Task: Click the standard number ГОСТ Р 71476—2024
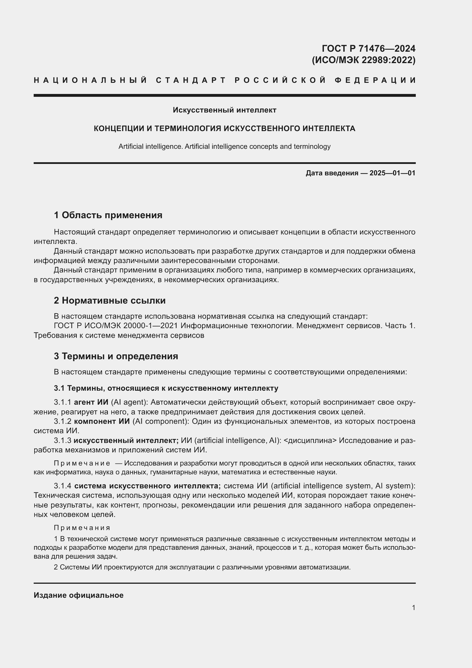click(368, 48)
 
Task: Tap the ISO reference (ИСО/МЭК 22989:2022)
click(364, 60)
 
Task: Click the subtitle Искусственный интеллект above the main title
click(224, 110)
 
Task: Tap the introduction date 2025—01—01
click(392, 173)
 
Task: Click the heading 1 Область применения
click(108, 215)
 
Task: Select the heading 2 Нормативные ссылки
click(110, 300)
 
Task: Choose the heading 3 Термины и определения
click(116, 356)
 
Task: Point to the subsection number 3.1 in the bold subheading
click(59, 388)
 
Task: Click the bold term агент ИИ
click(91, 402)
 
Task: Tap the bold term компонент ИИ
click(102, 421)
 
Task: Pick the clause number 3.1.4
click(62, 486)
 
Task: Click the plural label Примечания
click(82, 528)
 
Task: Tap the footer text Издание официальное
click(78, 595)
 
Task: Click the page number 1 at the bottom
click(413, 607)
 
